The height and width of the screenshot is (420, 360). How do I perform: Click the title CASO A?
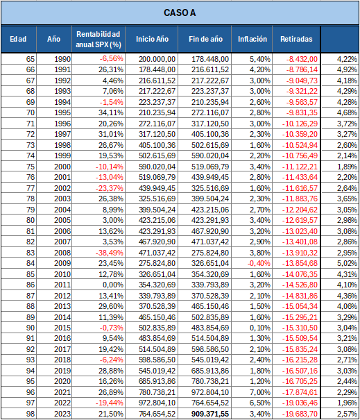(x=180, y=12)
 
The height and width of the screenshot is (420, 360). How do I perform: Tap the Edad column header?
(x=18, y=39)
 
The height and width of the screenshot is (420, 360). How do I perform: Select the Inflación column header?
(x=252, y=39)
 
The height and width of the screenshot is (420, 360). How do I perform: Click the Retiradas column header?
(x=296, y=39)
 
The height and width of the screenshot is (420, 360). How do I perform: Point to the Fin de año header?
(x=205, y=39)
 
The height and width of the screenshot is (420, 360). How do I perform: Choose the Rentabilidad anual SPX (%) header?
(x=98, y=39)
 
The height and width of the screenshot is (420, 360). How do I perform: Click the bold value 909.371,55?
(x=210, y=414)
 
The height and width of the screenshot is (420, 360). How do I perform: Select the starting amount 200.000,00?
(x=157, y=59)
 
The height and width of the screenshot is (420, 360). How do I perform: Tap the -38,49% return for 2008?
(x=110, y=253)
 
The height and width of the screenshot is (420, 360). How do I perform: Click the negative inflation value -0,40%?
(x=259, y=263)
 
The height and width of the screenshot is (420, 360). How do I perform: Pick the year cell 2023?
(x=62, y=414)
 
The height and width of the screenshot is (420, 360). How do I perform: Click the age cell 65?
(x=31, y=59)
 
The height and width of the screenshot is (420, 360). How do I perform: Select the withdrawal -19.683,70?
(x=300, y=414)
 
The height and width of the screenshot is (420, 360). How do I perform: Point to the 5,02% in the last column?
(x=347, y=263)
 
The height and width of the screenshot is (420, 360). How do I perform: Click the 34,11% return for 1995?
(x=111, y=112)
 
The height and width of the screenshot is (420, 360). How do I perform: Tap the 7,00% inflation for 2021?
(x=260, y=392)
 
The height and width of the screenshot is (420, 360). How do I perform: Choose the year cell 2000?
(x=62, y=167)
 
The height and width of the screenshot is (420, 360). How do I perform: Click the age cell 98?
(x=31, y=414)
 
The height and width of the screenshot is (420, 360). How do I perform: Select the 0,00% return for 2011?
(x=113, y=285)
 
